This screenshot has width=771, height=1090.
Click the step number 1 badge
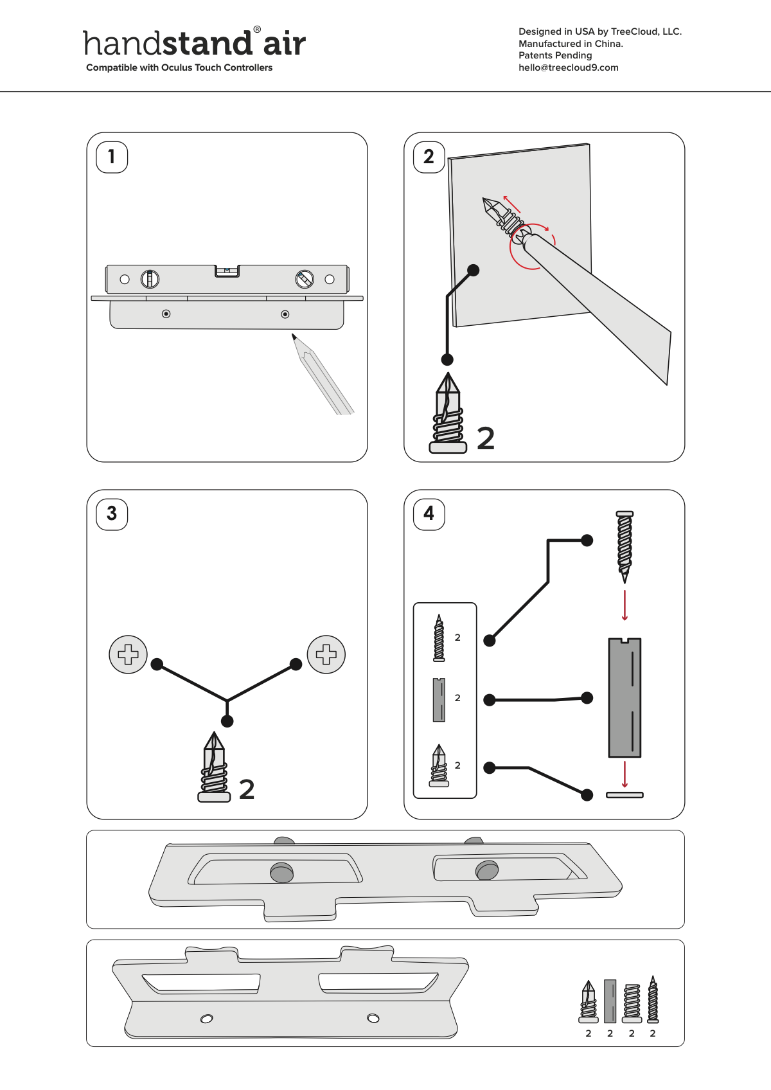point(112,157)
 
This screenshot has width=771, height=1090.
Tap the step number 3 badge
point(112,514)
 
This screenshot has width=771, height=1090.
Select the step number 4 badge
point(429,514)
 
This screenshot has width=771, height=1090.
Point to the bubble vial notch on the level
point(227,271)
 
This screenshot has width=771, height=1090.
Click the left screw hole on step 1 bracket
point(166,314)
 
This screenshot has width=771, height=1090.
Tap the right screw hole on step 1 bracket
point(285,314)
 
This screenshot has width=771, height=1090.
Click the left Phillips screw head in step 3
point(128,654)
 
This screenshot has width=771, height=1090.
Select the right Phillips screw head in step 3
point(326,654)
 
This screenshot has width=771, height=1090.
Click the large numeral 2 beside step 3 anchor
point(247,789)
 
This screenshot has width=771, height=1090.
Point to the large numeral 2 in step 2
point(486,438)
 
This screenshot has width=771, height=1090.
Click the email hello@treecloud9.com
point(568,67)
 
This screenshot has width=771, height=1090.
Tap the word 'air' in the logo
point(285,44)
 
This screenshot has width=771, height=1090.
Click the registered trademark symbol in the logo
point(258,30)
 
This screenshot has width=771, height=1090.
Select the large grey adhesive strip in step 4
point(625,698)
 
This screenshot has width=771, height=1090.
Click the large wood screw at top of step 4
point(625,547)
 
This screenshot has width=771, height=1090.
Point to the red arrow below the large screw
point(625,605)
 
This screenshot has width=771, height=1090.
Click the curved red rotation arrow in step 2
point(533,247)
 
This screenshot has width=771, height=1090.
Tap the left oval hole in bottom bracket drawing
point(207,1019)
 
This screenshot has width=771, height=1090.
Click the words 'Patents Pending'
point(555,55)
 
